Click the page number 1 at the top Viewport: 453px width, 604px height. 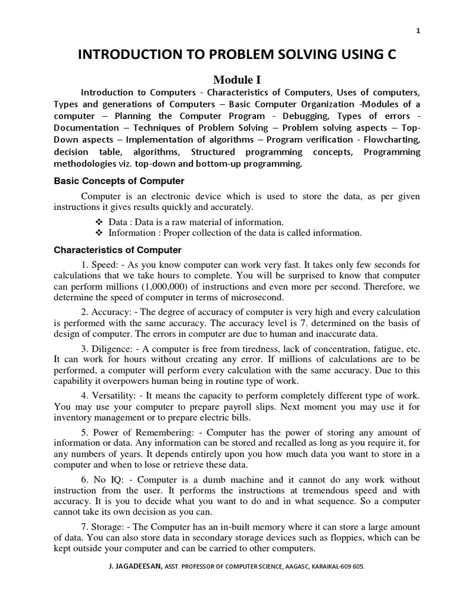[418, 32]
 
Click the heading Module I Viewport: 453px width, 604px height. [237, 80]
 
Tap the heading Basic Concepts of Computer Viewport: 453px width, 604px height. [119, 181]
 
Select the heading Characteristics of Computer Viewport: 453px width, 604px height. [117, 250]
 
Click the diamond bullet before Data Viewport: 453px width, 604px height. [99, 222]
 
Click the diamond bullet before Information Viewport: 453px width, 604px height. [99, 233]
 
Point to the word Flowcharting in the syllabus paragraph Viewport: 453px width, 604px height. [392, 140]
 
